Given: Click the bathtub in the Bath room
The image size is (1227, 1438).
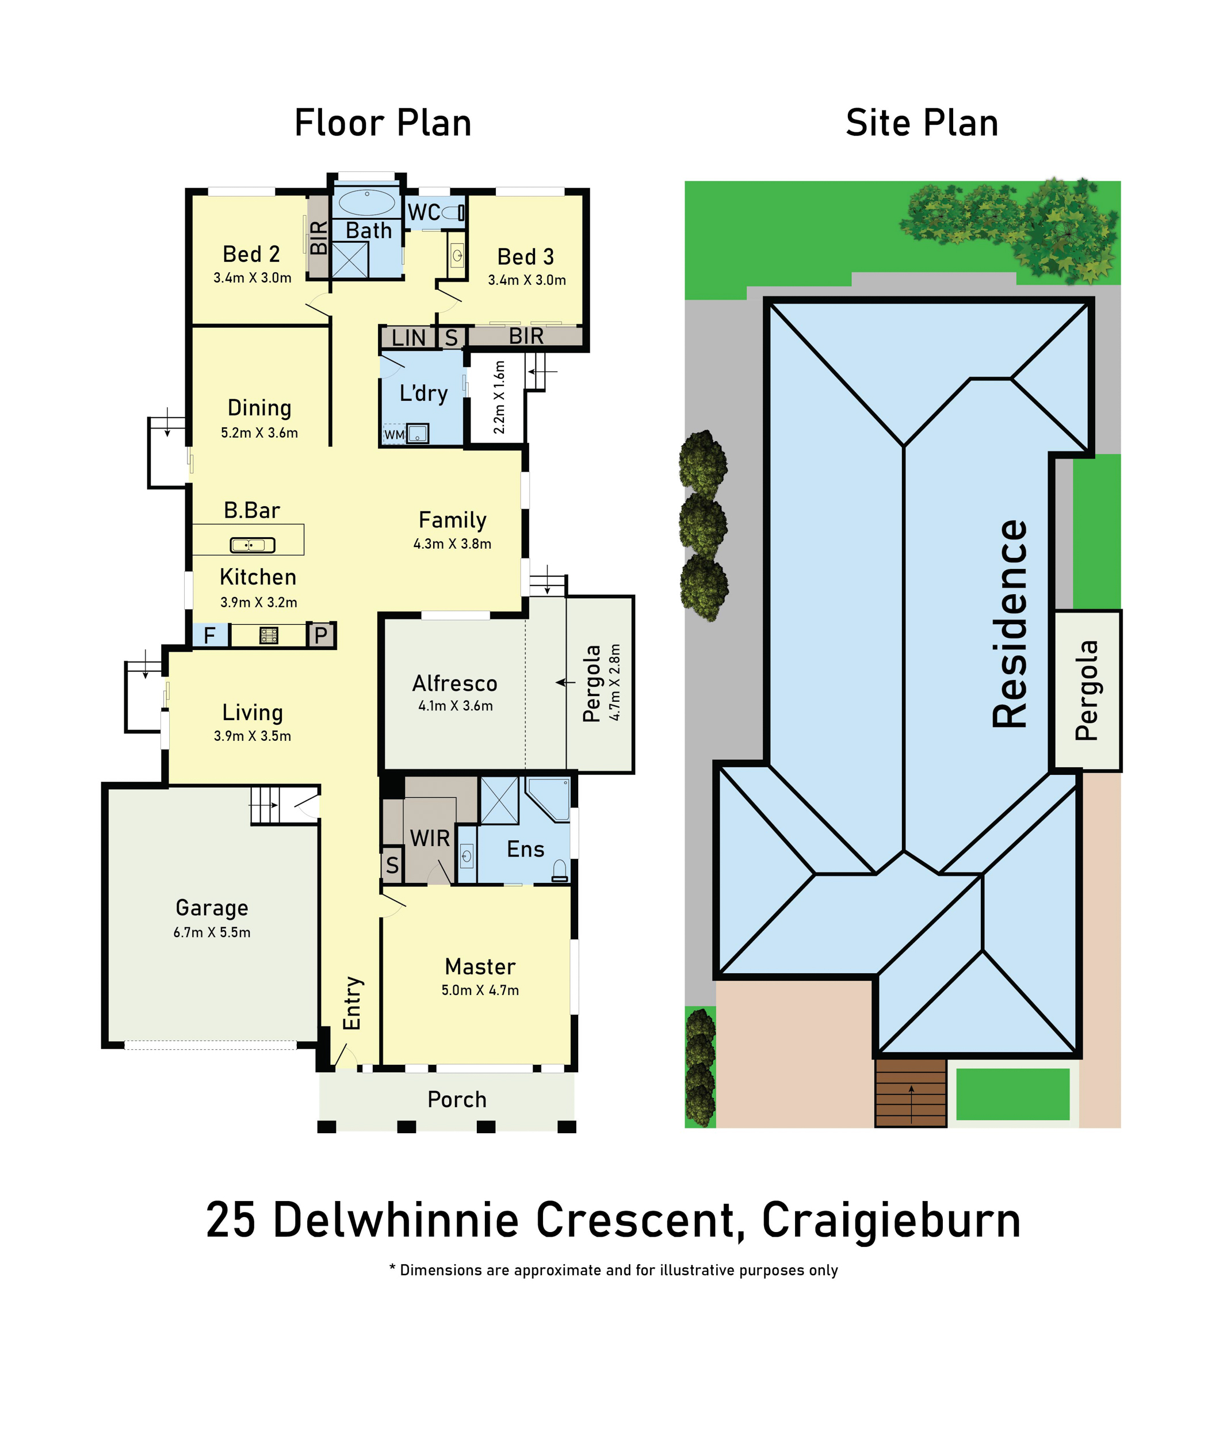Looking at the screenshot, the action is click(366, 202).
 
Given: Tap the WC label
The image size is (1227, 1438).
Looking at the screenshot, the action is click(423, 212).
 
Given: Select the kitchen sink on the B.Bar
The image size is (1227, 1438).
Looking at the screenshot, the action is click(252, 545).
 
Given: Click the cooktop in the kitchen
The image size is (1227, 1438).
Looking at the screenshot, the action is click(269, 635).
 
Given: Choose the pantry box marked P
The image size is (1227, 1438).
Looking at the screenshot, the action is click(320, 635).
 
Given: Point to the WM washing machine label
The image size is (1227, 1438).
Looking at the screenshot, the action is click(394, 434).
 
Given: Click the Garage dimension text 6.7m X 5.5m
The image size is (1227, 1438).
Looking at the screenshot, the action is click(212, 932).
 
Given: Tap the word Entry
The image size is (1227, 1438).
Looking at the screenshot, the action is click(353, 1003).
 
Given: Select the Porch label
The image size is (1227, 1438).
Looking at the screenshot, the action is click(457, 1099).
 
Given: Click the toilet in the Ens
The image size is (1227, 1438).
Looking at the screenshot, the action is click(559, 871).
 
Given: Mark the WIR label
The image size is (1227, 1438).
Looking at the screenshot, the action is click(430, 839).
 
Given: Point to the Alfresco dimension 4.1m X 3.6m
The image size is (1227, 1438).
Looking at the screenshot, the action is click(455, 706).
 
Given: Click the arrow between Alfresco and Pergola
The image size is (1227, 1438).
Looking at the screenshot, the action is click(565, 682).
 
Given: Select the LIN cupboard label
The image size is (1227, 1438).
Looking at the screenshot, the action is click(408, 338).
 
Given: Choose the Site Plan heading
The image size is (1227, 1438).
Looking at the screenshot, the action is click(922, 123).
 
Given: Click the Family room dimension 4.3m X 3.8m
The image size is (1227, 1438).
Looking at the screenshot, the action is click(453, 544).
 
